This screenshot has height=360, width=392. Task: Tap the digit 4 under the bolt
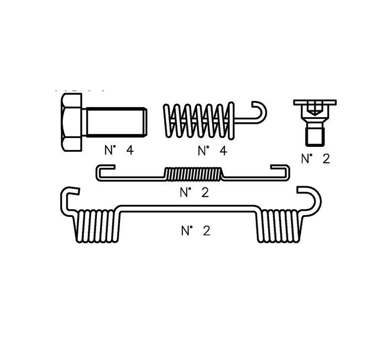tap(129, 150)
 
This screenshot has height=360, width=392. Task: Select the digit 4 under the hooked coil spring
tap(223, 150)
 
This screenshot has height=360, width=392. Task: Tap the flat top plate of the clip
tap(315, 102)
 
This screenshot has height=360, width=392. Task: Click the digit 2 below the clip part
tap(326, 158)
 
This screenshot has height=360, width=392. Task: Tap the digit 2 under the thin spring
tap(205, 192)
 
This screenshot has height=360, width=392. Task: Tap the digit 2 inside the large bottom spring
tap(206, 231)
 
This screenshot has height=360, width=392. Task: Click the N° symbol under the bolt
tap(109, 150)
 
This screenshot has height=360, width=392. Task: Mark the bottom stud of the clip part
tap(315, 136)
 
